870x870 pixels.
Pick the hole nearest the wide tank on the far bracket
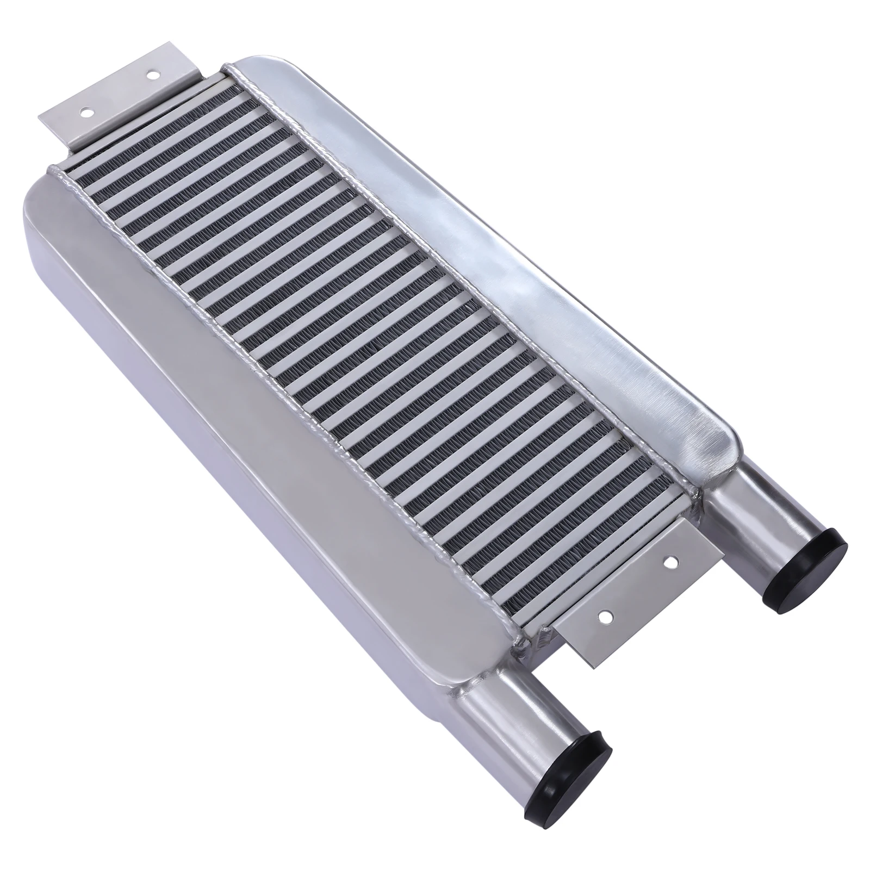(x=85, y=113)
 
